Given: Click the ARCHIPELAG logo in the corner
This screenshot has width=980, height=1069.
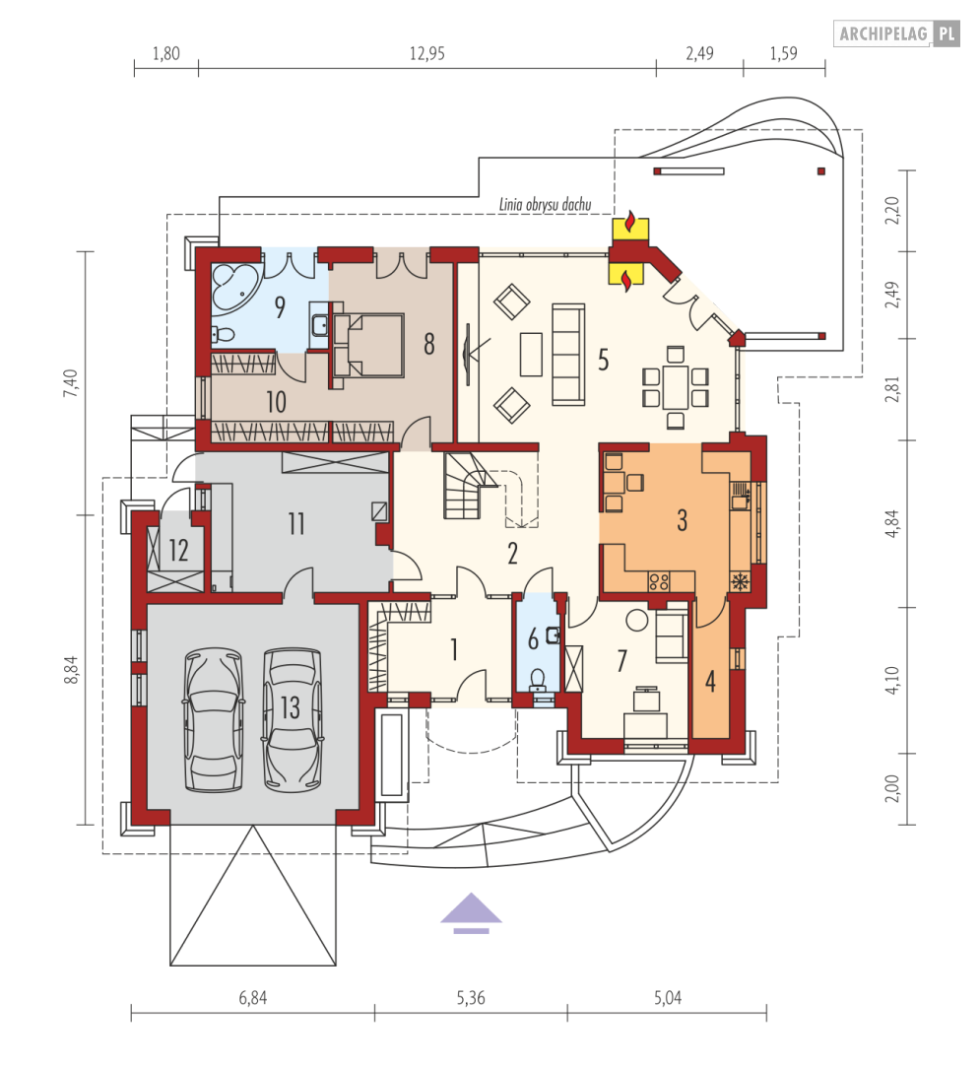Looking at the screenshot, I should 896,33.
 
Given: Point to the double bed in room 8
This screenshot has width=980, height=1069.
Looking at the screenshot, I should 368,344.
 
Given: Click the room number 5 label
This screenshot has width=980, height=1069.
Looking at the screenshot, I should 603,359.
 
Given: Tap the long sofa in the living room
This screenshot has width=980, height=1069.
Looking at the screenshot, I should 566,354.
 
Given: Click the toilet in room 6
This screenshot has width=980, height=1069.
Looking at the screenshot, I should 538,678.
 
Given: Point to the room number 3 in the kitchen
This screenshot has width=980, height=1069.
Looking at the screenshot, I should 681,520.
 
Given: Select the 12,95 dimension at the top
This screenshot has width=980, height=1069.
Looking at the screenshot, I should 426,54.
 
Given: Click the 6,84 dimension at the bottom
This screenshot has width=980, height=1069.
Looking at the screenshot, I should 252,998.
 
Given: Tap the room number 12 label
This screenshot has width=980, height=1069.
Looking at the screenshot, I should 178,550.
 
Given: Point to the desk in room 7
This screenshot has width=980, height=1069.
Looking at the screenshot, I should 647,702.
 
